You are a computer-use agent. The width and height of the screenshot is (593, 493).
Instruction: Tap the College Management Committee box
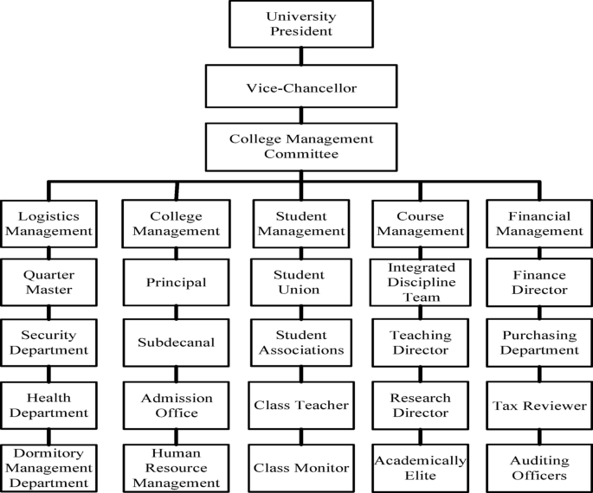pyautogui.click(x=300, y=146)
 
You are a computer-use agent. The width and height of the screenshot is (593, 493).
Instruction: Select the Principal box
pyautogui.click(x=176, y=283)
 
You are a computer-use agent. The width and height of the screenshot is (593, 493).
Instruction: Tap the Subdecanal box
pyautogui.click(x=176, y=343)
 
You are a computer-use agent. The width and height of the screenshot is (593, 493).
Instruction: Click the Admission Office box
pyautogui.click(x=176, y=405)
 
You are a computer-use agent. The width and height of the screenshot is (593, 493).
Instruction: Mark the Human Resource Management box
pyautogui.click(x=176, y=467)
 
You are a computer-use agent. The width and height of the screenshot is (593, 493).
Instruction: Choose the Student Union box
pyautogui.click(x=300, y=283)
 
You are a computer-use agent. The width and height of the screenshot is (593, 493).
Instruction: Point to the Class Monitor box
pyautogui.click(x=300, y=467)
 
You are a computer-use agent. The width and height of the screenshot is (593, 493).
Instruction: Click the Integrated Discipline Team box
pyautogui.click(x=421, y=283)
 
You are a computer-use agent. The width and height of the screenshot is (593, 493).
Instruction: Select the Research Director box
pyautogui.click(x=421, y=405)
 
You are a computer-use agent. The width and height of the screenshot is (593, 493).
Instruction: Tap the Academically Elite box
pyautogui.click(x=421, y=467)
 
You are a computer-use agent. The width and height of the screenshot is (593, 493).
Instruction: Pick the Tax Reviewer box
pyautogui.click(x=539, y=405)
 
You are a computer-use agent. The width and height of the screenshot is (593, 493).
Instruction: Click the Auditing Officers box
pyautogui.click(x=539, y=467)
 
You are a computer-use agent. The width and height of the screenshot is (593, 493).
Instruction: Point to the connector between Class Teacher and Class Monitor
pyautogui.click(x=300, y=436)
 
